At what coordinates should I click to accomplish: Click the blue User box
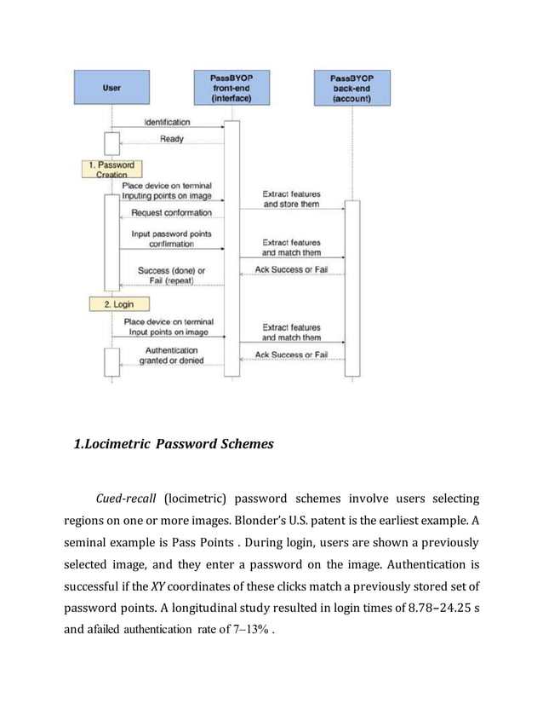point(111,88)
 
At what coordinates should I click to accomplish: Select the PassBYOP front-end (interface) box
point(231,88)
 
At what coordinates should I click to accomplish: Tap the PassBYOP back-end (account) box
point(352,88)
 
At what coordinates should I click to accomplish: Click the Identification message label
point(167,123)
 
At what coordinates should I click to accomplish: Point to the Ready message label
point(172,139)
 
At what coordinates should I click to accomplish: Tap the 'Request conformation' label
point(171,213)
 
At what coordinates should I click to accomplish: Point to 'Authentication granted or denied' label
point(171,355)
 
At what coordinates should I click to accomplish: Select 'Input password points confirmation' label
point(171,238)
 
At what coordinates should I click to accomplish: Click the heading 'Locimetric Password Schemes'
point(174,444)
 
